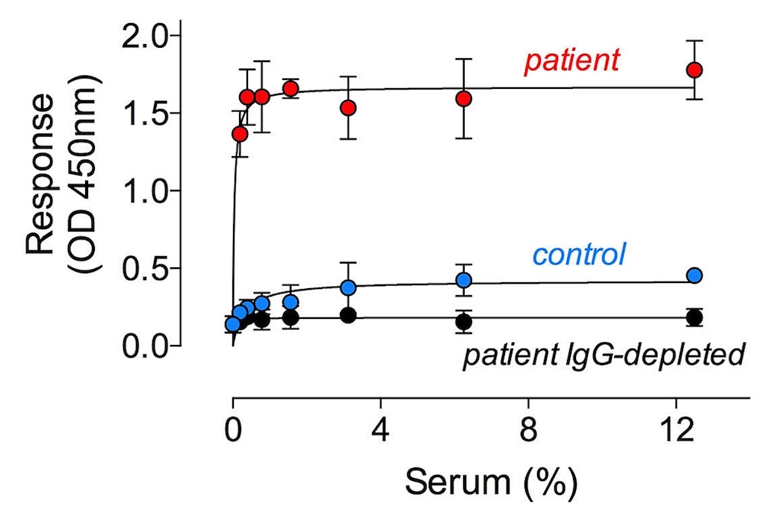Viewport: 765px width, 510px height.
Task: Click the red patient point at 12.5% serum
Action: pos(695,69)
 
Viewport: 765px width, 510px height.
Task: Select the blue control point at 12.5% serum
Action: pos(695,276)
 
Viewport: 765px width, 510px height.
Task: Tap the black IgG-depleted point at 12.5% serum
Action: pos(695,317)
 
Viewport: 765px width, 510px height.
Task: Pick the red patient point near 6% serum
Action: pos(464,99)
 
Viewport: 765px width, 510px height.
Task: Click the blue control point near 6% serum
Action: pos(464,280)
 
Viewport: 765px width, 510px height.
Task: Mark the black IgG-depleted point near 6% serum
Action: pos(464,322)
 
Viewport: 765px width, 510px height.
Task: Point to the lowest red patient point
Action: pos(240,134)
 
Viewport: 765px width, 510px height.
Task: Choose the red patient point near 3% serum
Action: pos(348,108)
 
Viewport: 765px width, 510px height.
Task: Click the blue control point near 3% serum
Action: pos(348,287)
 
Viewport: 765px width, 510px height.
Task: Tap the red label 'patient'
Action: pos(572,62)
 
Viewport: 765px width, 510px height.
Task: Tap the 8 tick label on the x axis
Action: pos(529,431)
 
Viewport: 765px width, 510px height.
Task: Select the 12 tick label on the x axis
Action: pos(676,431)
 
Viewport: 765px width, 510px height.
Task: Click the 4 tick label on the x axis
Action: pos(381,431)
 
